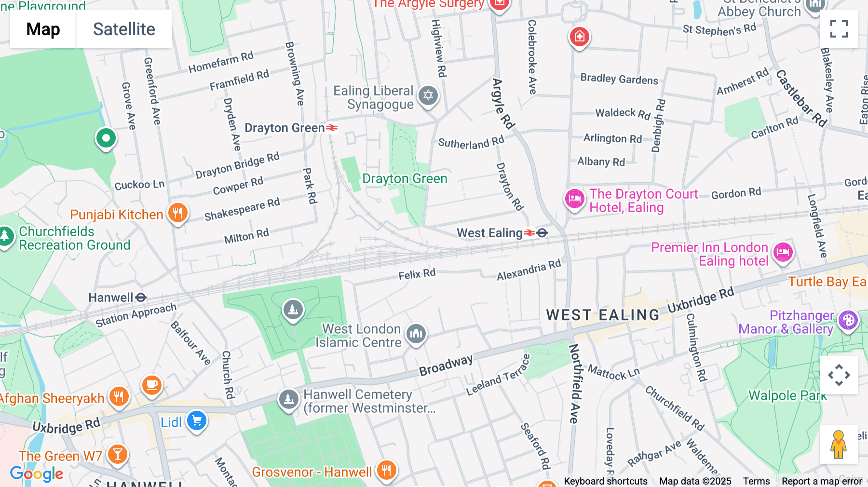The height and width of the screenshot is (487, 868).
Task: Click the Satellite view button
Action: tap(124, 29)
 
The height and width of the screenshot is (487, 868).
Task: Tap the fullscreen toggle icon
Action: tap(839, 29)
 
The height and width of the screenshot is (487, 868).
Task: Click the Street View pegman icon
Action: tap(839, 444)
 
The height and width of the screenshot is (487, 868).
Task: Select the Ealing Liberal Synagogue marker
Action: tap(428, 95)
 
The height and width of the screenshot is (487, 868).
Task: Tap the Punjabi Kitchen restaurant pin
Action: tap(177, 213)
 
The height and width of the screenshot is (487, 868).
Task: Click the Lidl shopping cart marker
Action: tap(197, 421)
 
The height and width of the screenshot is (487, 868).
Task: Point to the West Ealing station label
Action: tap(489, 233)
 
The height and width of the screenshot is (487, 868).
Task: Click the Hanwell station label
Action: tap(111, 298)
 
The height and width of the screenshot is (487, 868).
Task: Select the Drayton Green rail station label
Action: tap(285, 128)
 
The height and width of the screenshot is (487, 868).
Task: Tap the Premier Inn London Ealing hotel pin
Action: tap(783, 252)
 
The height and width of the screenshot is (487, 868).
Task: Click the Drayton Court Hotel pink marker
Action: tap(574, 199)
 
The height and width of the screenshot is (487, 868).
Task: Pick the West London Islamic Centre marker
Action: tap(416, 333)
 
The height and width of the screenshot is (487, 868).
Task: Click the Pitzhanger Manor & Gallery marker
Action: tap(848, 320)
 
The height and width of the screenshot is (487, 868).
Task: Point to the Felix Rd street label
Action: tap(417, 274)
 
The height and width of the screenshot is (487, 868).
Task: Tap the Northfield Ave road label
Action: tap(574, 383)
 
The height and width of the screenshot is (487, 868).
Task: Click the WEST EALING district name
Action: tap(602, 315)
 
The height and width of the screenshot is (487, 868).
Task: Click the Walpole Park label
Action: tap(787, 395)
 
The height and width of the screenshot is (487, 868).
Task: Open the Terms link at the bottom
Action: tap(756, 481)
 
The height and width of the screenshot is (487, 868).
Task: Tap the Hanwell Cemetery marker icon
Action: tap(288, 399)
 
